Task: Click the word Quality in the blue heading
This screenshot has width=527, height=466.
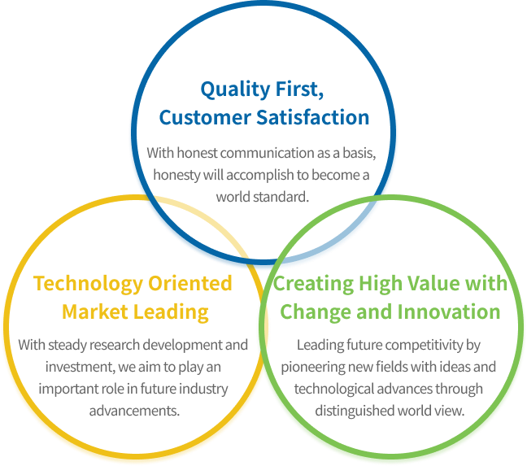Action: point(235,89)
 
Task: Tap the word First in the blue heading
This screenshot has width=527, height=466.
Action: point(299,89)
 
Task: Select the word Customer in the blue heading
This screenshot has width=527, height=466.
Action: point(205,117)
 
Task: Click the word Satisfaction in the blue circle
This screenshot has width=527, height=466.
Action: point(313,117)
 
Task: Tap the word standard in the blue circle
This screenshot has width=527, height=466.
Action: point(281,197)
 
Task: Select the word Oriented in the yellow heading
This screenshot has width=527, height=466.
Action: point(190,283)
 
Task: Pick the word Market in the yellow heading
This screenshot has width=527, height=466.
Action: point(95,311)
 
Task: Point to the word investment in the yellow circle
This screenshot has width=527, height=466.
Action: point(80,367)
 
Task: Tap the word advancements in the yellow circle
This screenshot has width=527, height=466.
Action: point(134,411)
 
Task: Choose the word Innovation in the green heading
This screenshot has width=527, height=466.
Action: point(449,311)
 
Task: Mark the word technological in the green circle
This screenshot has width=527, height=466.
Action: point(334,389)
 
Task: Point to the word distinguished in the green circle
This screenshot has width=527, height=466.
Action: point(355,412)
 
